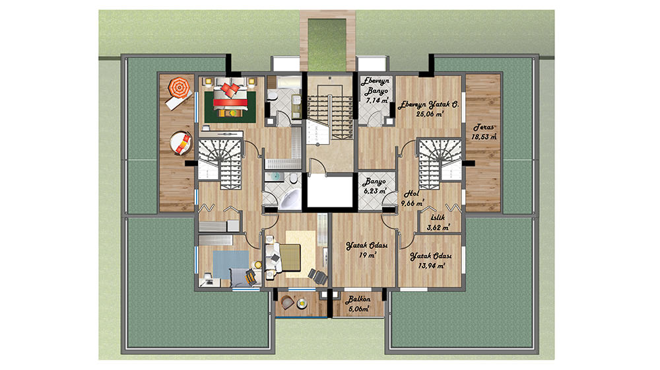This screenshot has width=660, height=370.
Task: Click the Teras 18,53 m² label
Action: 484,132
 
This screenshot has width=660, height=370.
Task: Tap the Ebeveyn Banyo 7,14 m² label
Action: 376,91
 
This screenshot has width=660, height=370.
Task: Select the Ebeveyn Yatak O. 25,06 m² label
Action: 427,109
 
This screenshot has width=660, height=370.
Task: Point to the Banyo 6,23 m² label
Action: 374,186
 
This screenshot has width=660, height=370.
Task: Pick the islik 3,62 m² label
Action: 438,223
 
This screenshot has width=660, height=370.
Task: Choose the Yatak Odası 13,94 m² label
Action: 430,261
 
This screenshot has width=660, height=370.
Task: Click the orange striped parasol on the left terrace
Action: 180,87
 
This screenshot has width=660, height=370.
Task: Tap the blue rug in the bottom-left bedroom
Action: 230,265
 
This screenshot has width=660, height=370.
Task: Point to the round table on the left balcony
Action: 302,304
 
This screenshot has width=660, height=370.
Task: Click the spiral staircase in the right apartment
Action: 439,163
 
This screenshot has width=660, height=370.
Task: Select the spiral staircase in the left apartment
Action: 220,163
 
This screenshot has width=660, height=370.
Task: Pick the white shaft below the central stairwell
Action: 330,191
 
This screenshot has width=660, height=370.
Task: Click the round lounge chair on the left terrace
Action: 181,143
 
